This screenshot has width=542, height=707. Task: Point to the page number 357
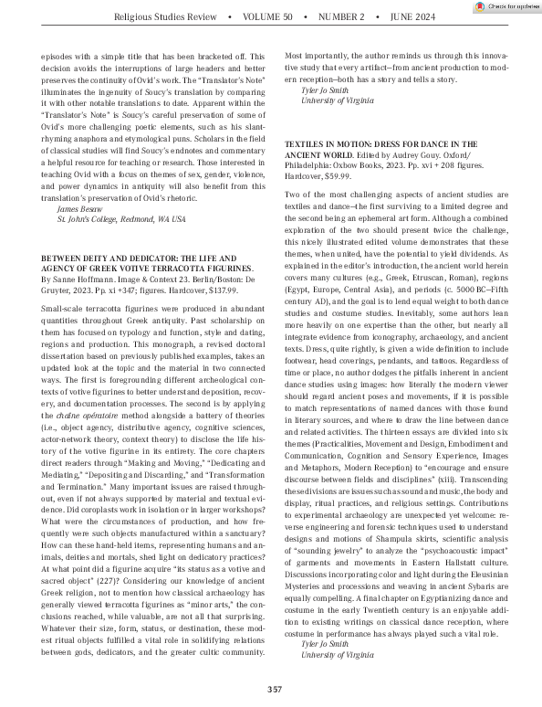pyautogui.click(x=271, y=689)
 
